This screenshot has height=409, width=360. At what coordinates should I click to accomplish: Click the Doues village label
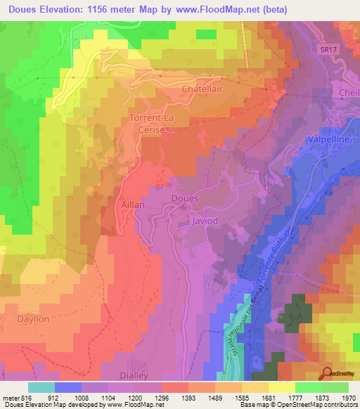coord(186,199)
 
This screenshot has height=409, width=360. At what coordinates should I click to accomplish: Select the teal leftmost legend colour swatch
coord(41,387)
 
